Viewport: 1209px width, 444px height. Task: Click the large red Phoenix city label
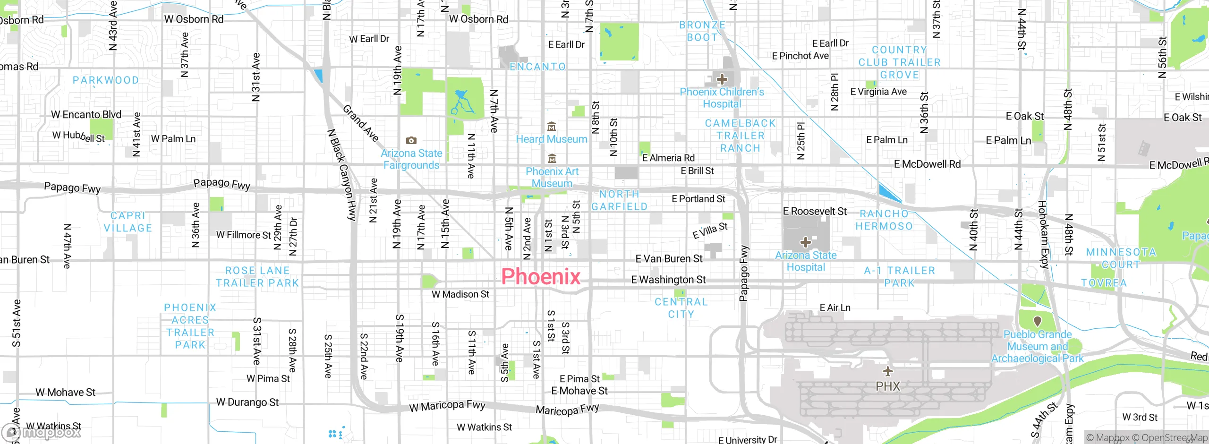point(541,277)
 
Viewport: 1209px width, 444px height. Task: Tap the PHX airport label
point(888,386)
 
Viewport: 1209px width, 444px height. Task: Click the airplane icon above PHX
point(888,371)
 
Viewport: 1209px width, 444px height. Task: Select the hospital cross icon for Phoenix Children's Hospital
point(722,79)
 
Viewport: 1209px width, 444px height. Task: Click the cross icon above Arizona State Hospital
point(806,242)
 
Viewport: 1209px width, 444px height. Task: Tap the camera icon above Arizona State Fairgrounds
point(411,140)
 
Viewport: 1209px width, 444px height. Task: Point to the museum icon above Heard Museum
point(551,127)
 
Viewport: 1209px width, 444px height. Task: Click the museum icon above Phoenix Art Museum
point(552,159)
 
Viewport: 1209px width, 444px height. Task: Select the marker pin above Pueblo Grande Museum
point(1038,321)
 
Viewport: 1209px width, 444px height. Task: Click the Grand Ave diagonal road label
point(361,123)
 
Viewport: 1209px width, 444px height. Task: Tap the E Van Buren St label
point(669,258)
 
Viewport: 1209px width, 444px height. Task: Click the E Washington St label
point(668,280)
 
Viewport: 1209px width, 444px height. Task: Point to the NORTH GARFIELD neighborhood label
point(619,200)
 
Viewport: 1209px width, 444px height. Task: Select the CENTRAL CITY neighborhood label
point(681,308)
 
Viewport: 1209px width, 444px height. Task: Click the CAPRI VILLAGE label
point(128,222)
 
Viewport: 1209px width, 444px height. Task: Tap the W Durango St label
point(247,402)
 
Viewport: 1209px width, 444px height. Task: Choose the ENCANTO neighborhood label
point(537,67)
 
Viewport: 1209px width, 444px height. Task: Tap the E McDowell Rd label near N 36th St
point(927,164)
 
